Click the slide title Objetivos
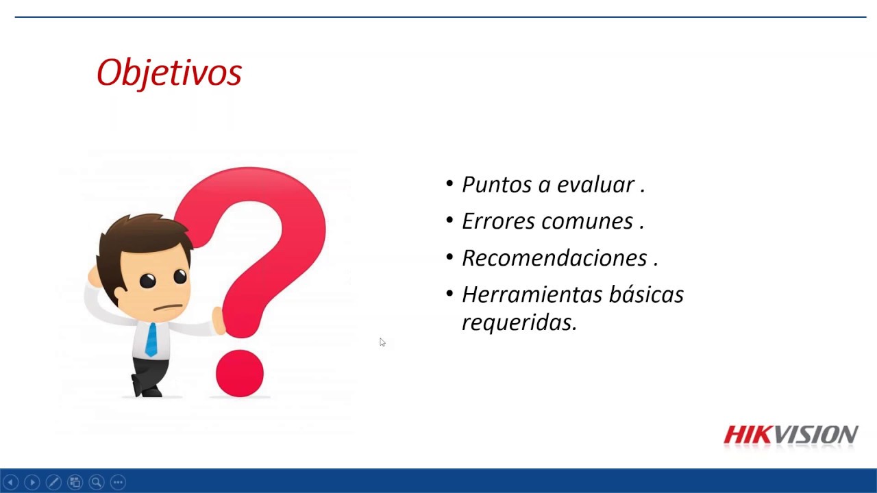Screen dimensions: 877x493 tap(169, 73)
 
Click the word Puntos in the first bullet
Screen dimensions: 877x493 tap(497, 184)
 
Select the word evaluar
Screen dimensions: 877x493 tap(595, 184)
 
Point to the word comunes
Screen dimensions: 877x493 tap(587, 222)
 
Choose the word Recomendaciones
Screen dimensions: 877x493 tap(554, 258)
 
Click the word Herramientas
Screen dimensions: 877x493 tap(532, 294)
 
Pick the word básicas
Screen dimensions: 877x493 tap(646, 294)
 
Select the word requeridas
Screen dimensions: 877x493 tap(519, 323)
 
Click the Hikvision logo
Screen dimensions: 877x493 tap(791, 435)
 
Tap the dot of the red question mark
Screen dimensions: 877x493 tap(240, 373)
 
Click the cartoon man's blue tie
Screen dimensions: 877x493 tap(151, 340)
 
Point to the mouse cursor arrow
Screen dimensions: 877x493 tap(382, 342)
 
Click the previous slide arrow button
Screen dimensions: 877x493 tap(10, 482)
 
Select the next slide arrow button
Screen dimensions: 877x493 tap(32, 482)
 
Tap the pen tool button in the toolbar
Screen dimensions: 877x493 tap(53, 482)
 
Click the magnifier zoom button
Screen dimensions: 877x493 tap(97, 482)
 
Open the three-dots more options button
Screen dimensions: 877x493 tap(118, 482)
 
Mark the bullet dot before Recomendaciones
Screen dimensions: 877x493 tap(449, 257)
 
